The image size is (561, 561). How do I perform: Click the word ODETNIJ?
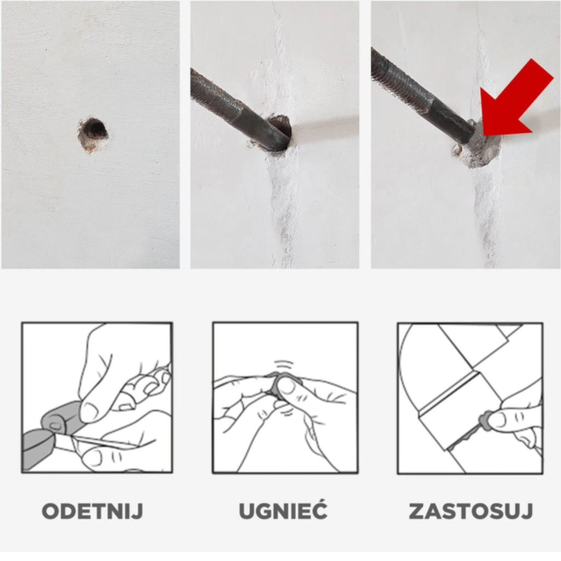93,511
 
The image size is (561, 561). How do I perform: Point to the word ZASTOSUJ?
471,511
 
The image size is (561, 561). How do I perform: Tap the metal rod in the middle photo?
240,110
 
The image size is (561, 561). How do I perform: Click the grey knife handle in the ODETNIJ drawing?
38,449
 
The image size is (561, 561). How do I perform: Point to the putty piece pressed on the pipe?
485,421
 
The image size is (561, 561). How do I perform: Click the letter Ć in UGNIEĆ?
318,510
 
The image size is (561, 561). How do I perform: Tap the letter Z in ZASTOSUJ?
417,511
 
